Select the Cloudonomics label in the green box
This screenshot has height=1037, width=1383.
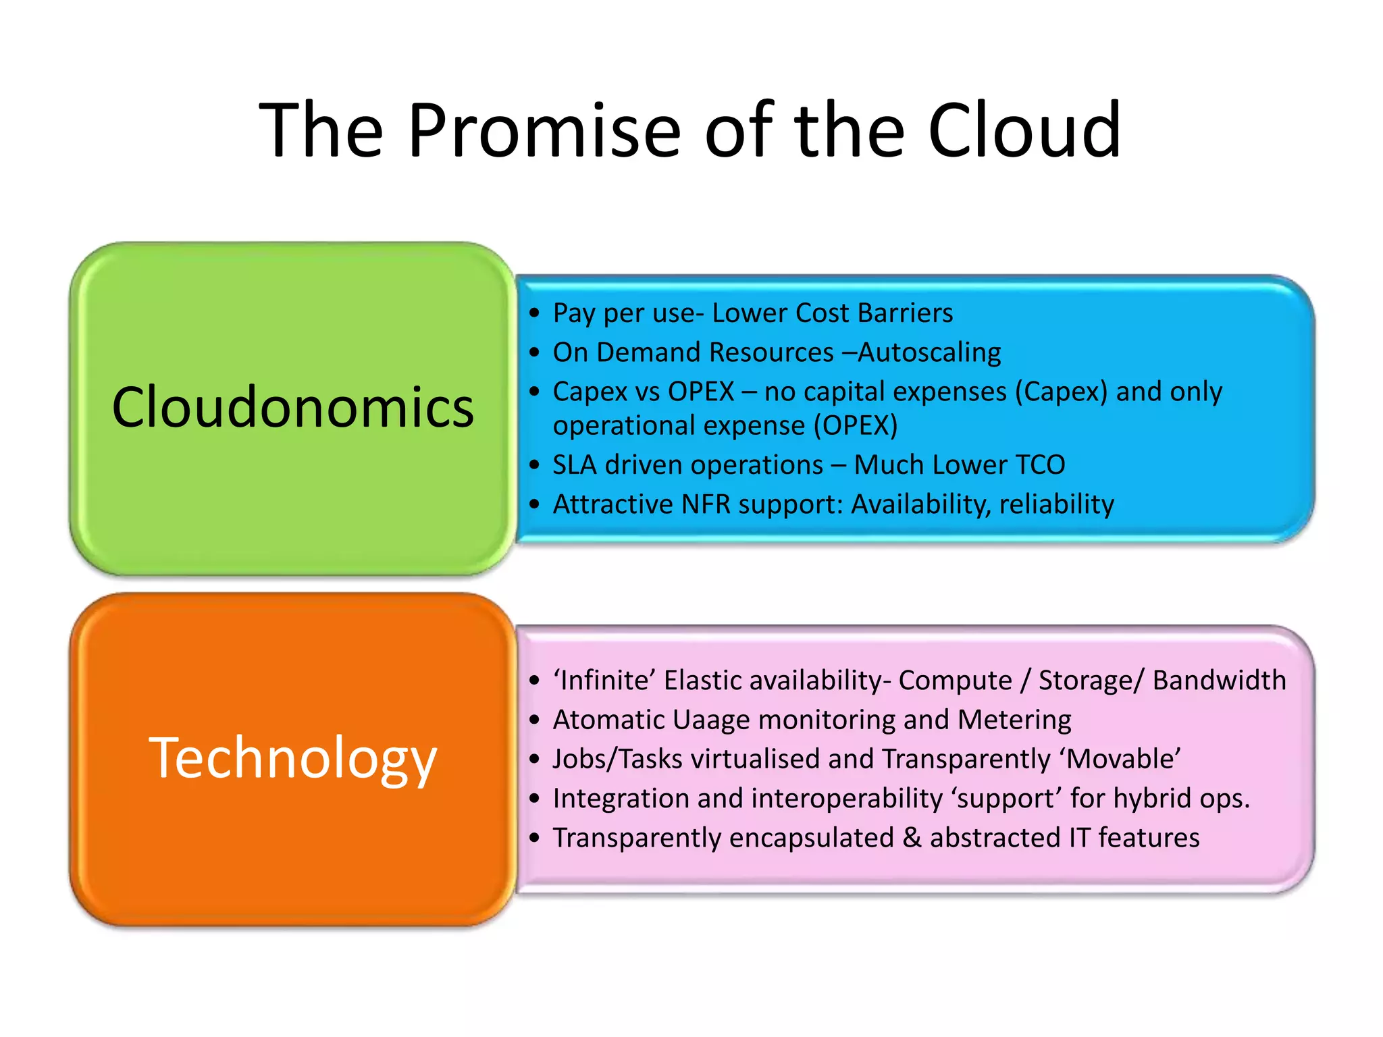(x=292, y=407)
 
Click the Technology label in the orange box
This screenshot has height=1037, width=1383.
(x=292, y=758)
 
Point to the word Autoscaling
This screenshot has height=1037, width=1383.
(x=929, y=352)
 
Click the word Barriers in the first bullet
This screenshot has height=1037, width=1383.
(x=905, y=313)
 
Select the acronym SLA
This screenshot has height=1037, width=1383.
(x=574, y=465)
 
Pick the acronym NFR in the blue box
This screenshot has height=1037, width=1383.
(x=706, y=504)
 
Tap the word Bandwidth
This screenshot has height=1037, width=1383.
(x=1219, y=681)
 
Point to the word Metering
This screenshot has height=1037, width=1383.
(x=1014, y=720)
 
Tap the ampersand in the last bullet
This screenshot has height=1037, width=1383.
(x=912, y=838)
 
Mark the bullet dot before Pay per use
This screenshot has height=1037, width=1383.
(x=535, y=313)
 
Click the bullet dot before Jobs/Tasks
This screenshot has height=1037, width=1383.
(x=535, y=760)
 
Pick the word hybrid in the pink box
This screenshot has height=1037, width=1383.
(x=1152, y=799)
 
